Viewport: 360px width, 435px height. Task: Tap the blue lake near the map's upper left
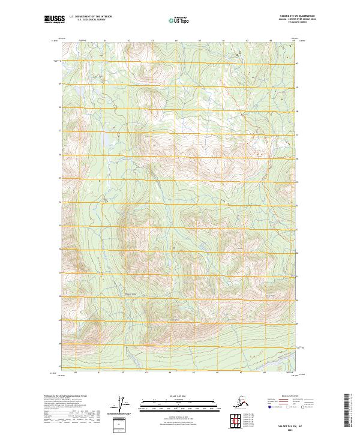click(x=107, y=142)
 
